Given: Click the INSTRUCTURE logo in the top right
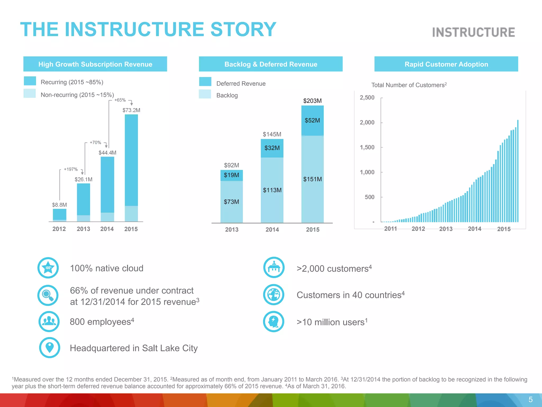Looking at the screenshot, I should (x=473, y=32).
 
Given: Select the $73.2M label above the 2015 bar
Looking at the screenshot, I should (x=131, y=110).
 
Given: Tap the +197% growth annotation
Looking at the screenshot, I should (x=71, y=169).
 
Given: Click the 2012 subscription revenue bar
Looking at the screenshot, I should (x=60, y=215).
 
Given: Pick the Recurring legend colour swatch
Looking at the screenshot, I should (x=30, y=81).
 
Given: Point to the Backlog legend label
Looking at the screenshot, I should (x=227, y=95).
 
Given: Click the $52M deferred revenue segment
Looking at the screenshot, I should (x=312, y=121).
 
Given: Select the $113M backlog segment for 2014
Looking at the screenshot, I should (x=272, y=190).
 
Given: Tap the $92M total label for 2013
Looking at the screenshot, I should (x=232, y=165).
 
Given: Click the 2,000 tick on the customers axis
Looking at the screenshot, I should (x=367, y=122).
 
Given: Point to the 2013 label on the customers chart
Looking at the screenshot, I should (x=446, y=229).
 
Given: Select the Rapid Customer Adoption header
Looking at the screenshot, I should (x=446, y=64).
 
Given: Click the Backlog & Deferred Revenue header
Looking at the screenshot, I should (x=271, y=64).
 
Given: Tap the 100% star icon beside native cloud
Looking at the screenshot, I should (x=48, y=268).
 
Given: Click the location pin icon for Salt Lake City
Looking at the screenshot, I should (x=49, y=347).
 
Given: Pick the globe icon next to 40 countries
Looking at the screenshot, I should (x=274, y=295).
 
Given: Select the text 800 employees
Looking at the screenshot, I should (x=102, y=322).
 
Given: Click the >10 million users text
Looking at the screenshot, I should (x=332, y=322).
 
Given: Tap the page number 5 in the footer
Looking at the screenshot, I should (x=530, y=400).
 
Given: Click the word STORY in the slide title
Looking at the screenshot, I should (x=243, y=29).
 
